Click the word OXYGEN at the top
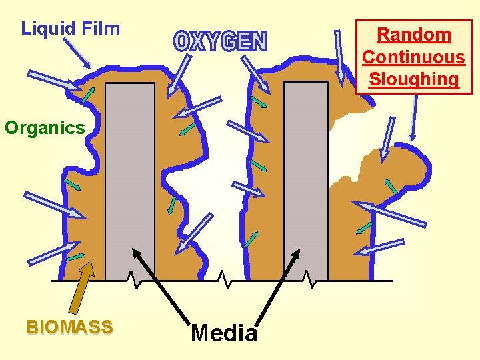pyautogui.click(x=220, y=41)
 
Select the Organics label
pyautogui.click(x=45, y=127)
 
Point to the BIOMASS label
pyautogui.click(x=69, y=327)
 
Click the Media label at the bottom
pyautogui.click(x=224, y=333)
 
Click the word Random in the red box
pyautogui.click(x=414, y=35)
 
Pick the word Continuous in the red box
pyautogui.click(x=414, y=57)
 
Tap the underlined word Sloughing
pyautogui.click(x=414, y=79)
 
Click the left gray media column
pyautogui.click(x=130, y=180)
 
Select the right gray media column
pyautogui.click(x=306, y=180)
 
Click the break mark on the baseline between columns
pyautogui.click(x=225, y=280)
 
